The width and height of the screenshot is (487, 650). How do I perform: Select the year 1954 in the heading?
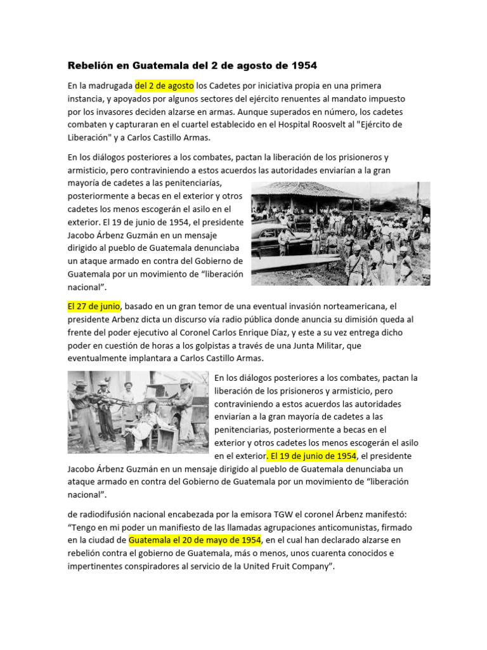tap(302, 65)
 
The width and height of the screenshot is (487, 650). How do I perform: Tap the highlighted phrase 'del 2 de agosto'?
tap(164, 86)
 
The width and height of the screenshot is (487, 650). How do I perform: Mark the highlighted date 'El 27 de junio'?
tap(94, 306)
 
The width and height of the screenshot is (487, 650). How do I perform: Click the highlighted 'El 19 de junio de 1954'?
tap(313, 456)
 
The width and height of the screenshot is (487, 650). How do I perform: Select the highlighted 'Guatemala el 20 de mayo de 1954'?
tap(195, 540)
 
